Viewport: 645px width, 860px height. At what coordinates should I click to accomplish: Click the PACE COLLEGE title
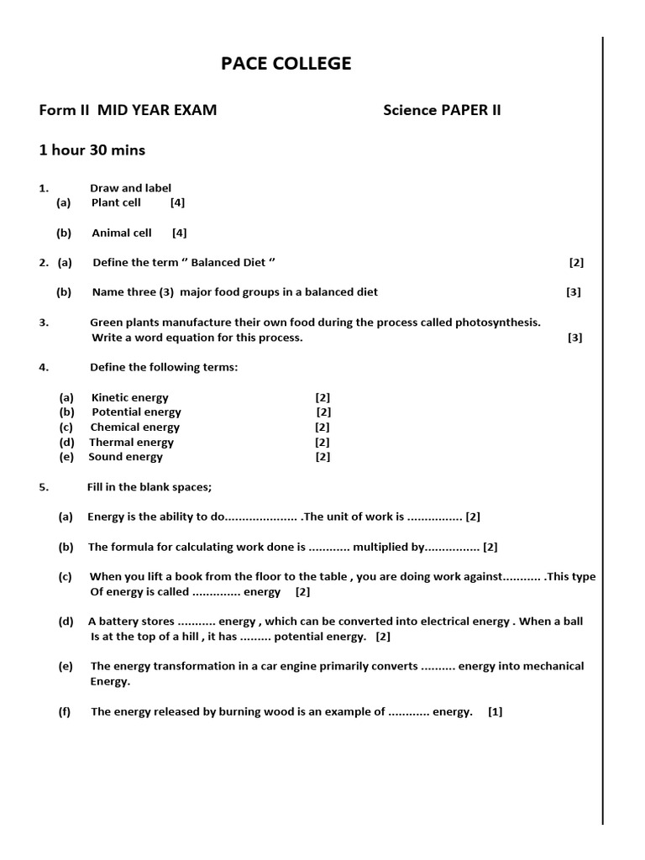(286, 65)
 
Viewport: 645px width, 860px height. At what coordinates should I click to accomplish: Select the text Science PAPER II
(442, 110)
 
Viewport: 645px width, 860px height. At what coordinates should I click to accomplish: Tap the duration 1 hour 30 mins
(92, 150)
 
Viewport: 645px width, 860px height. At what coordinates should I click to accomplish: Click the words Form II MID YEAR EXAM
(128, 110)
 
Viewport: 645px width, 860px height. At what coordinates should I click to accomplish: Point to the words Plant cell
(116, 202)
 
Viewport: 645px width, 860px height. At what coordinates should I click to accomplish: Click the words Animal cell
(121, 233)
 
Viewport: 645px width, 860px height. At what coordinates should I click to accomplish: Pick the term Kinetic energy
(129, 397)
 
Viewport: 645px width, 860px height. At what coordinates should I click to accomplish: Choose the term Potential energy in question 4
(136, 412)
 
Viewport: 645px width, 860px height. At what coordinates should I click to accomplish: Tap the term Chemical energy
(134, 427)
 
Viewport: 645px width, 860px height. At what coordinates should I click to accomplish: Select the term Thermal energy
(131, 443)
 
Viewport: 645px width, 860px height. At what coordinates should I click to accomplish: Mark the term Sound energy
(125, 458)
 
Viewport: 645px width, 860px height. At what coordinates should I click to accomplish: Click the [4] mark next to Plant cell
(177, 202)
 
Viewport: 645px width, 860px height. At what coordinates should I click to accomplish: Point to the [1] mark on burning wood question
(495, 711)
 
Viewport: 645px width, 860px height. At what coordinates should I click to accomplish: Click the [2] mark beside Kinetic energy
(322, 397)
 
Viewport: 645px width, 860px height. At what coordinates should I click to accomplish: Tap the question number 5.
(44, 487)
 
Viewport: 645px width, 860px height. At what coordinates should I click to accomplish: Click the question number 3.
(44, 322)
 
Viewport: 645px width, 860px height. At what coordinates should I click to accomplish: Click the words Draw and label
(130, 188)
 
